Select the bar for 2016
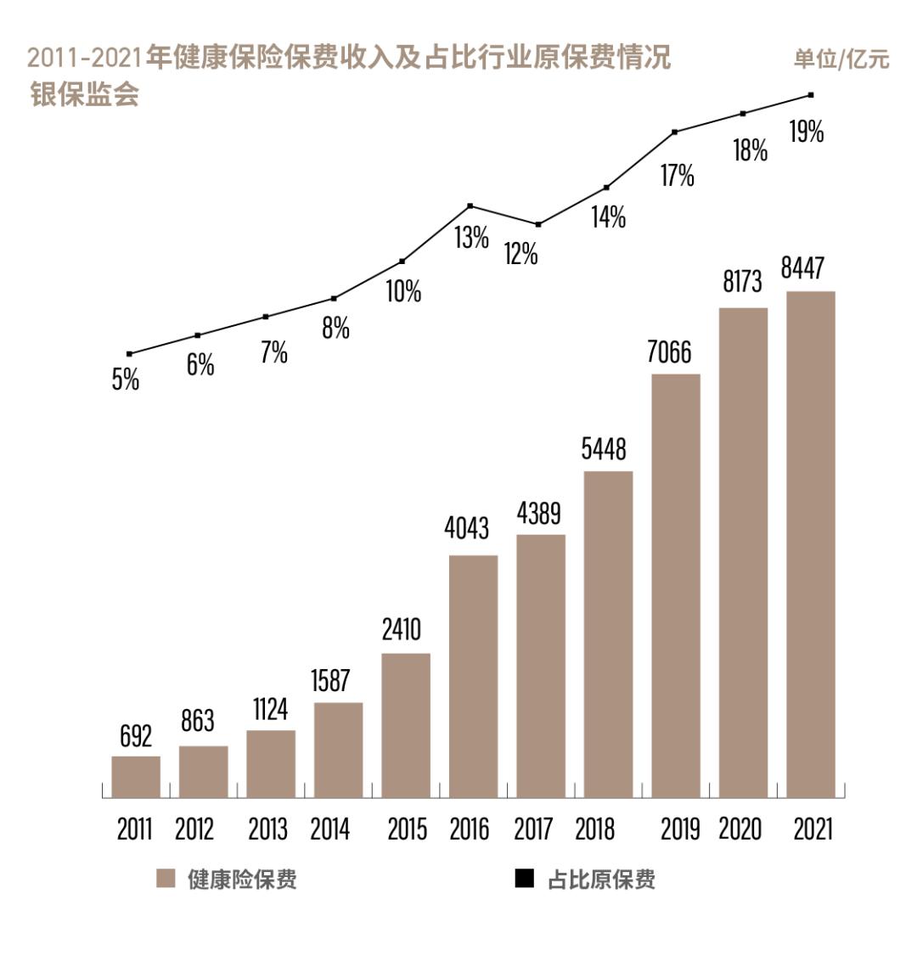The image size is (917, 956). pos(473,676)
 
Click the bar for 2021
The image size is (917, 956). pos(811,544)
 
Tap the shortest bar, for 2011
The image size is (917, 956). pos(136,776)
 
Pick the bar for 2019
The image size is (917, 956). pos(676,585)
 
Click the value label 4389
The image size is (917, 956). pos(539,513)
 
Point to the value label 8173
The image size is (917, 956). pos(742,281)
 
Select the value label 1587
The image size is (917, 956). pos(330,680)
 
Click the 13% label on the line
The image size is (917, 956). pos(471,238)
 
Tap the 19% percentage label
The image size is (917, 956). pos(807,132)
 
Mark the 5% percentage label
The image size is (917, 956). pos(126,380)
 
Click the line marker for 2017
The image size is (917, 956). pos(538,224)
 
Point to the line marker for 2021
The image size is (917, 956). pos(811,95)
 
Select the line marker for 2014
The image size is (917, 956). pos(334,298)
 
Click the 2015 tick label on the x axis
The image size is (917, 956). pos(407,829)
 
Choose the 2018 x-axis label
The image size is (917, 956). pos(594,829)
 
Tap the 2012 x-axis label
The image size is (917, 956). pos(194,829)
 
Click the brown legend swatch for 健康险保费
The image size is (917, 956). pos(166,879)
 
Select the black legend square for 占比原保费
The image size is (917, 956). pos(525,879)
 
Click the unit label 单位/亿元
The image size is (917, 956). pos(841,59)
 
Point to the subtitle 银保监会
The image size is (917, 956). pos(84,93)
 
